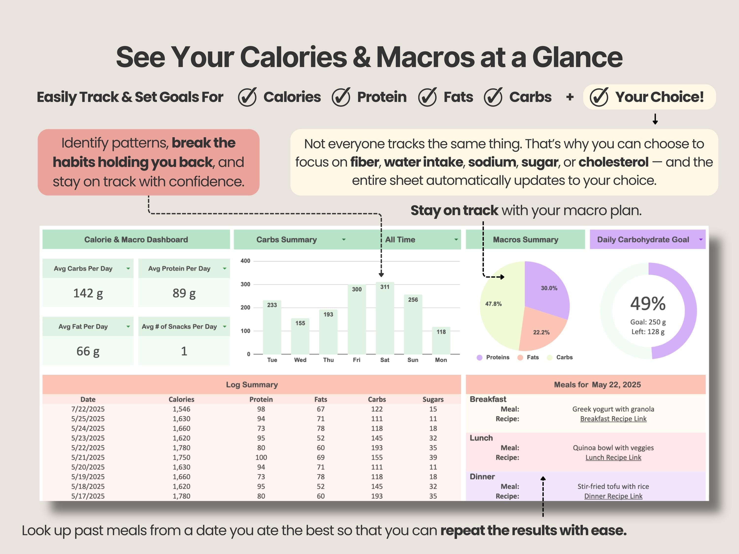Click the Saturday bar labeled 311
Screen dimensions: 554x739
[x=385, y=319]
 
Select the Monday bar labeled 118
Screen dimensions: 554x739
[x=441, y=341]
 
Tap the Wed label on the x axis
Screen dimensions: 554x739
[x=300, y=360]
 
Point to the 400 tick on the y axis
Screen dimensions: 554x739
[x=245, y=261]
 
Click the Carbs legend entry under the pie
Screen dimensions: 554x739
[x=564, y=357]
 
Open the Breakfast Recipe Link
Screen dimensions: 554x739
[x=613, y=419]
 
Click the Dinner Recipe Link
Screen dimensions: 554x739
[x=613, y=496]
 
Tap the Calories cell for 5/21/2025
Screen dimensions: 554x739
[x=181, y=457]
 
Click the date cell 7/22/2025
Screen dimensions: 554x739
[x=88, y=409]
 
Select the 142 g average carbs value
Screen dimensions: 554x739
[x=88, y=293]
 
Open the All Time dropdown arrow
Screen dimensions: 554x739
[x=456, y=239]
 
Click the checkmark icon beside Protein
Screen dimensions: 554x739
[x=341, y=97]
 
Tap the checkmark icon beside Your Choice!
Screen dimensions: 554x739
[x=599, y=97]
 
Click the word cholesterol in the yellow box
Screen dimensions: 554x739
[x=613, y=162]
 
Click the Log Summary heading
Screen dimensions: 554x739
[x=252, y=384]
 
